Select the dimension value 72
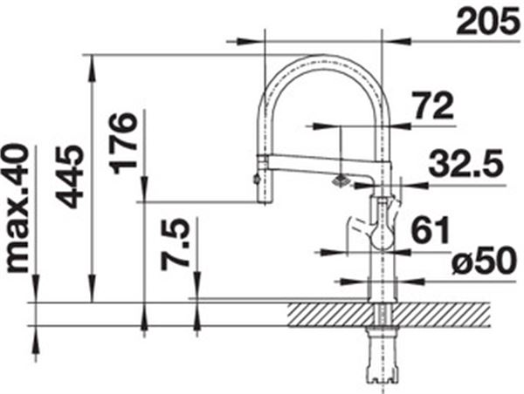(433, 105)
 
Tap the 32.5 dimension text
(465, 164)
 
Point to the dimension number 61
(430, 229)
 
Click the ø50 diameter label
(484, 261)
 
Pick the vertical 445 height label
(70, 176)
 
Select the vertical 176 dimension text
(124, 144)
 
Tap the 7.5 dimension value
(175, 245)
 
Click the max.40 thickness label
(17, 208)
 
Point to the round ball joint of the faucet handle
(382, 237)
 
